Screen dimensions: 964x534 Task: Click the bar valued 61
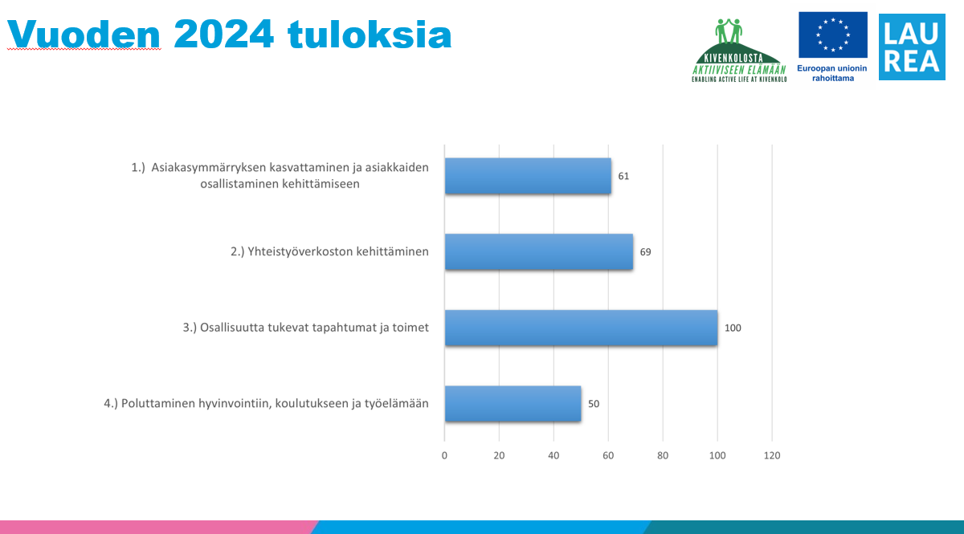click(528, 176)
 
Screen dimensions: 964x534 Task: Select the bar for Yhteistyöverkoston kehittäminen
click(539, 251)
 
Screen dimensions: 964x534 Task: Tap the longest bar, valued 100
click(581, 328)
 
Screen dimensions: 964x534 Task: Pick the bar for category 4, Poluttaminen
click(513, 404)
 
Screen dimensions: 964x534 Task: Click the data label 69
click(646, 252)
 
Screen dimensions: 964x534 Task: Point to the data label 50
click(594, 404)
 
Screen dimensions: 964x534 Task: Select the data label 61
click(623, 177)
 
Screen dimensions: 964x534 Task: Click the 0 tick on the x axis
click(444, 455)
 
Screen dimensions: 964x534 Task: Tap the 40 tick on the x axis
click(553, 455)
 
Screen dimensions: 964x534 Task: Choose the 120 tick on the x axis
click(772, 455)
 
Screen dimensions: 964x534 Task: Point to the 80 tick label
click(663, 455)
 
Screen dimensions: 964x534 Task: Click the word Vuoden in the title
click(84, 35)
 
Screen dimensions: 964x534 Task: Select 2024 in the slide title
click(224, 34)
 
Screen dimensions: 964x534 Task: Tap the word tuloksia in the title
click(370, 34)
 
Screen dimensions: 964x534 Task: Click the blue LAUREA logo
click(912, 47)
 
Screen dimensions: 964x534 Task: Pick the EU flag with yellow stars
click(833, 35)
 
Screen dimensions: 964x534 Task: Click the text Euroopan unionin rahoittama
click(832, 73)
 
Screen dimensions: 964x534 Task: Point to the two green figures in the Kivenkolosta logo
click(729, 31)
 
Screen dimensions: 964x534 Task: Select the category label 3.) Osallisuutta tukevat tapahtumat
click(306, 328)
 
